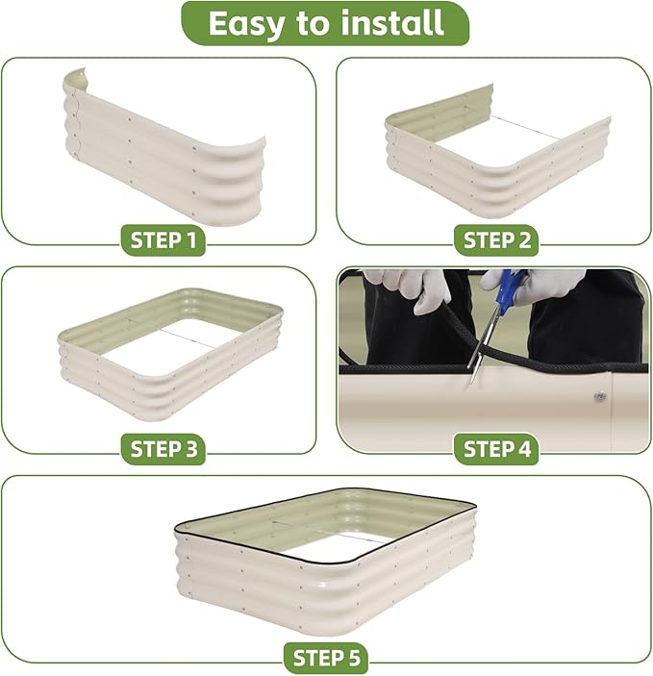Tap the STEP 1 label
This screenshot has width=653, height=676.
pos(163,240)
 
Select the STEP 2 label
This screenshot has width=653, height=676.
pos(496,240)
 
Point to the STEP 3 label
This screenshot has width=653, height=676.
pos(163,449)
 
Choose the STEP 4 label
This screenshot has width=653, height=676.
pos(496,449)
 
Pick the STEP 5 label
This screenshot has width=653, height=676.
pos(326,658)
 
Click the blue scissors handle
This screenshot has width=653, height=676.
pos(510,288)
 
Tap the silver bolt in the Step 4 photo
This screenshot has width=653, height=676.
pos(599,395)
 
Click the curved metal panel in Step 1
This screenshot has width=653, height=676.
pos(163,149)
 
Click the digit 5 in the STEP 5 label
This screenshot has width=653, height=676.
pos(352,659)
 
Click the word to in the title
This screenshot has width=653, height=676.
pos(313,23)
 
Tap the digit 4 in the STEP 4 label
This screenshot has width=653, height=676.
pos(523,449)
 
